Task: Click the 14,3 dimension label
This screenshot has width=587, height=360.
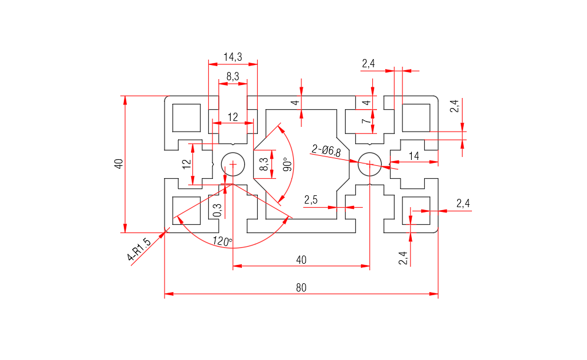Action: click(x=232, y=57)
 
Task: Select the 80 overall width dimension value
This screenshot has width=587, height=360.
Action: click(x=301, y=288)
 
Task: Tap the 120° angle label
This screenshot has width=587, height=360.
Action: click(x=222, y=241)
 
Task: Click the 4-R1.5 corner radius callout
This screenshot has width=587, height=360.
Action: click(x=139, y=248)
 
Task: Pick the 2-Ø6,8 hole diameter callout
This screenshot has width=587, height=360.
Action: click(x=326, y=150)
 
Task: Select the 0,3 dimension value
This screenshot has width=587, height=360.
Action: click(x=217, y=210)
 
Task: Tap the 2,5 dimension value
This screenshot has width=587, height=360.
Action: click(x=311, y=200)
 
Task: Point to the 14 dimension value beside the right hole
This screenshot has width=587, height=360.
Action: click(x=414, y=156)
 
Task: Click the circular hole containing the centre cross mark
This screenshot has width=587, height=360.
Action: click(x=233, y=163)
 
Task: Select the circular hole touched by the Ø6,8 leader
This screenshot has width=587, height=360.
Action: click(x=369, y=163)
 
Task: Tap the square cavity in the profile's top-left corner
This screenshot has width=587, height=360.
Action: click(x=186, y=117)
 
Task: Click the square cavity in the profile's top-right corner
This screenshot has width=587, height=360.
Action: click(x=415, y=117)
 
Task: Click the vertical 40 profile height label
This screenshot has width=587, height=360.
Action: click(x=119, y=164)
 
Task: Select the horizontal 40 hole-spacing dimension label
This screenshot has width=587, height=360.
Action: click(x=301, y=260)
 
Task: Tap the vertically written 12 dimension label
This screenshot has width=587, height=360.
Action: click(x=187, y=164)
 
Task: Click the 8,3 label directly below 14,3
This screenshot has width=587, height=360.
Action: click(x=232, y=77)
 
